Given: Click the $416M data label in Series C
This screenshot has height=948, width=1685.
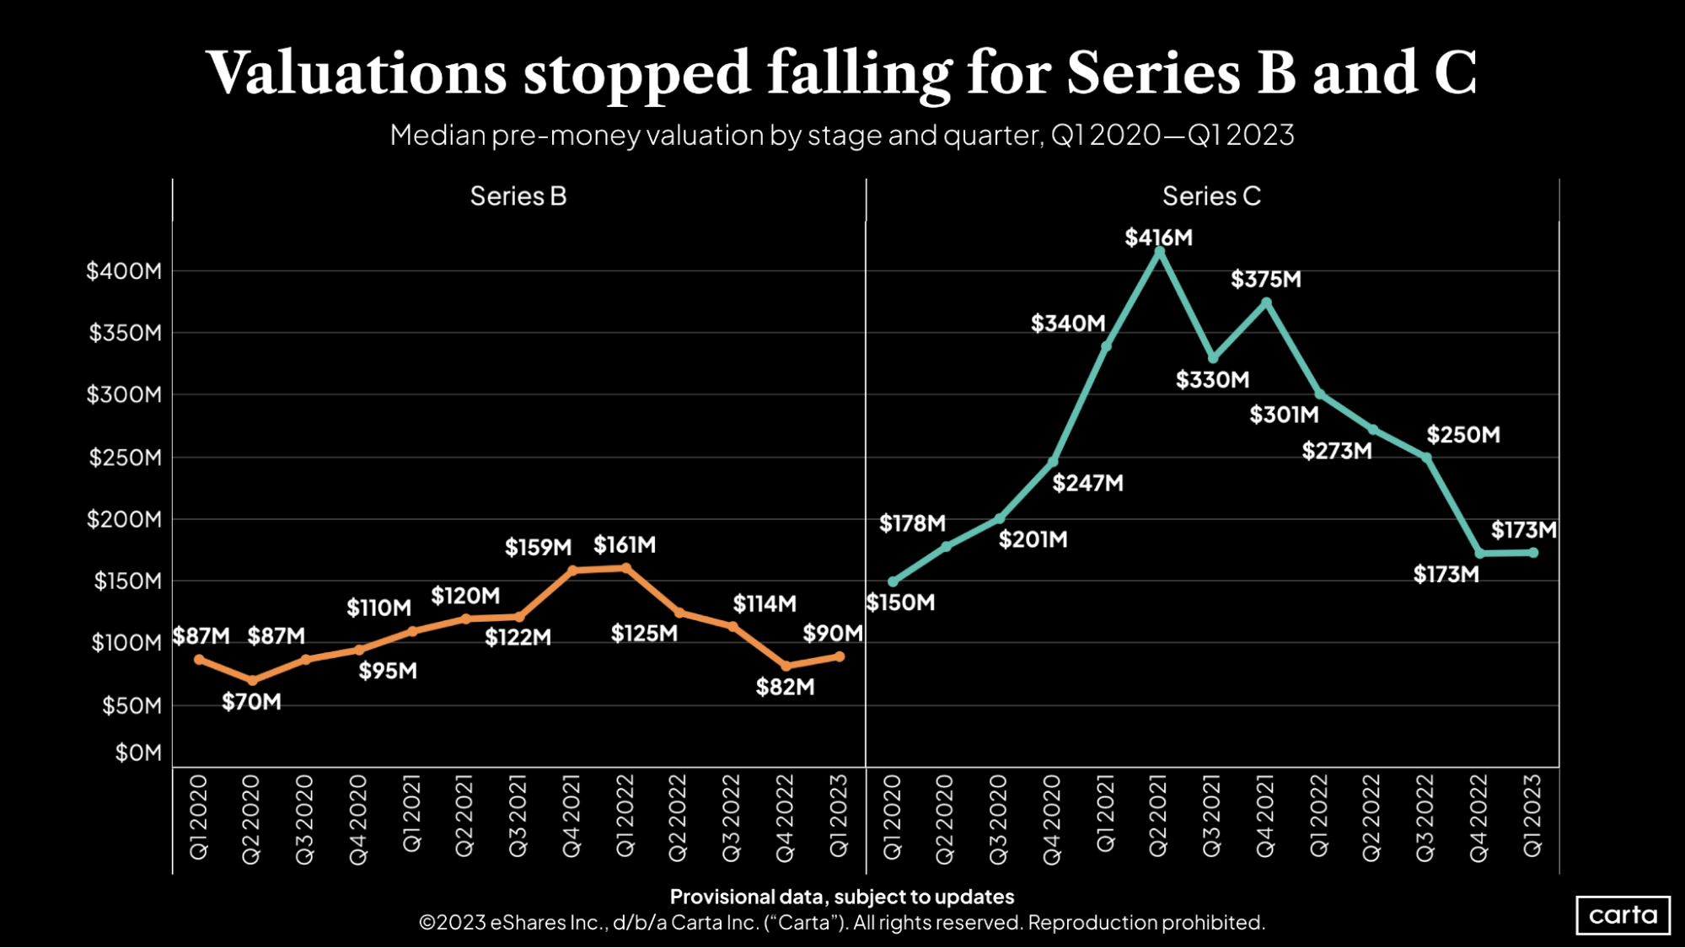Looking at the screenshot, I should click(x=1158, y=238).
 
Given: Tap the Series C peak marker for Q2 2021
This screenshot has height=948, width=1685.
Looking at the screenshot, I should click(x=1159, y=252).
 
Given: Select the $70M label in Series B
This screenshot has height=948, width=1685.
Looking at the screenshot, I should click(x=251, y=702).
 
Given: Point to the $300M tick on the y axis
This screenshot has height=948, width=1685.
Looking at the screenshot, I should click(x=124, y=394).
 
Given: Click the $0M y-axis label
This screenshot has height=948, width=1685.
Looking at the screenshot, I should click(x=138, y=753).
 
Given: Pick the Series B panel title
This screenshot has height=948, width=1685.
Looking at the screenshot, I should click(x=518, y=196).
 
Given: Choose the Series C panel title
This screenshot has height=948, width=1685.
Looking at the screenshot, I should click(x=1211, y=196).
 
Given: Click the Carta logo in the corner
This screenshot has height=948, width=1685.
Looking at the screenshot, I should click(x=1622, y=915).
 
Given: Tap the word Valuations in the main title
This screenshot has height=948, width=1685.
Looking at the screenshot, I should click(x=357, y=73).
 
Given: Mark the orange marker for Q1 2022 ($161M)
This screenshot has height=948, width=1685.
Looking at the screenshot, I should click(x=625, y=568).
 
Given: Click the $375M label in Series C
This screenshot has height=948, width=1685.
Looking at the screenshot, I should click(x=1265, y=279).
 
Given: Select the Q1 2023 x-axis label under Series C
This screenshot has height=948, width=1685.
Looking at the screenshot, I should click(x=1532, y=817).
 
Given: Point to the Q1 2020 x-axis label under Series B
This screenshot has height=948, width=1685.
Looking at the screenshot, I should click(x=199, y=817).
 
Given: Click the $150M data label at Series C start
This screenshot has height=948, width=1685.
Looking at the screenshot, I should click(x=900, y=603).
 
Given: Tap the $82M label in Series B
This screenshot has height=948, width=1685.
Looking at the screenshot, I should click(x=785, y=688).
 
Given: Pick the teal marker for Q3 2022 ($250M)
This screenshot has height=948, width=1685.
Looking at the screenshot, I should click(x=1427, y=458).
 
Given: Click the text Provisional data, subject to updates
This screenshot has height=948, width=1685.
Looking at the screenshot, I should click(x=841, y=897).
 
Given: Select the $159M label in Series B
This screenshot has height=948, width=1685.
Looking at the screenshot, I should click(x=538, y=548).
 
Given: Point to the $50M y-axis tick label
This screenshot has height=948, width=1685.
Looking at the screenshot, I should click(x=131, y=705).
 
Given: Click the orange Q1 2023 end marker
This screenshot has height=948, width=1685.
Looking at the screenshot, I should click(x=840, y=656).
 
